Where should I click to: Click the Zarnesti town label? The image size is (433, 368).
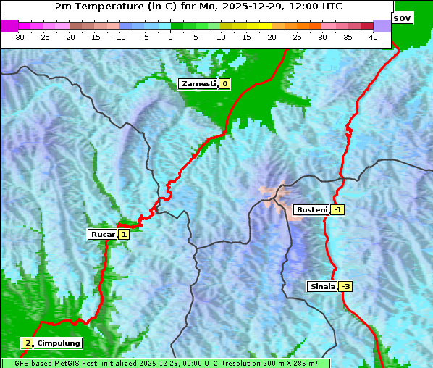(198, 84)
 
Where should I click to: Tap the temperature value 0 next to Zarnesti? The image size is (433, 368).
(225, 84)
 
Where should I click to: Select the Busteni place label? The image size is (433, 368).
(311, 210)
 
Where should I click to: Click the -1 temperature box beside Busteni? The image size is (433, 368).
(338, 210)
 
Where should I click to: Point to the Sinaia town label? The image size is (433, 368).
(321, 286)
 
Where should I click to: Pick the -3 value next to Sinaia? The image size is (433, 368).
(346, 286)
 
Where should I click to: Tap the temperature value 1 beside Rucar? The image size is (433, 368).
(124, 234)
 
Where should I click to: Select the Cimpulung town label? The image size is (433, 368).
(59, 343)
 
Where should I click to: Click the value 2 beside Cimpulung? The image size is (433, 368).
(28, 343)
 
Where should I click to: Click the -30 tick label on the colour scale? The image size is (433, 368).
(19, 37)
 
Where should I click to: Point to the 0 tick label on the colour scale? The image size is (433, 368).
(170, 37)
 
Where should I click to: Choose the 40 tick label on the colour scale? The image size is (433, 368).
(373, 37)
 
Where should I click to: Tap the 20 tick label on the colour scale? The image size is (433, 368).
(272, 37)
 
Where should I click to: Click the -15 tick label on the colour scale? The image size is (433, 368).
(94, 37)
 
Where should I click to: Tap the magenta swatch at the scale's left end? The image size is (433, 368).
(10, 25)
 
